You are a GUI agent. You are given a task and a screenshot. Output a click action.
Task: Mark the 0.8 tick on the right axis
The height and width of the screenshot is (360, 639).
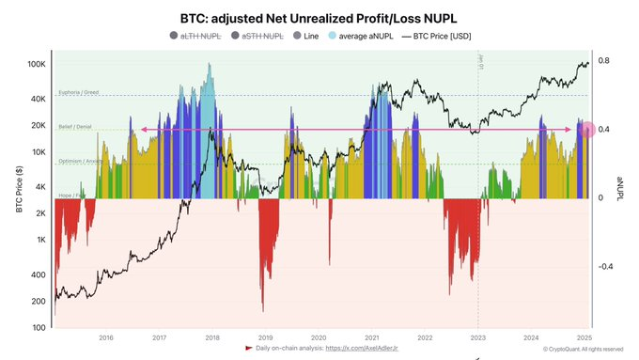[x=604, y=61]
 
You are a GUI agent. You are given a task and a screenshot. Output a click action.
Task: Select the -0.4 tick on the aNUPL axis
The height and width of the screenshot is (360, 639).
[x=606, y=266]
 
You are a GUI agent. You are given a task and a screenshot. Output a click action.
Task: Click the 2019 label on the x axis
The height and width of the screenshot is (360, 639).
[x=266, y=337]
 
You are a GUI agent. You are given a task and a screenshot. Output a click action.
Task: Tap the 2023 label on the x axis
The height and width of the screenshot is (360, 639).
[x=478, y=337]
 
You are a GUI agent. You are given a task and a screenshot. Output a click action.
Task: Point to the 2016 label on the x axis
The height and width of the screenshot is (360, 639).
[x=106, y=337]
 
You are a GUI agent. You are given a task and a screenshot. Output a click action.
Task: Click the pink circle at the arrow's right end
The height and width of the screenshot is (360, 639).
[x=587, y=130]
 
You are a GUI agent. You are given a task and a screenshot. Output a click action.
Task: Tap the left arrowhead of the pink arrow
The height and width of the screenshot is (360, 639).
[x=144, y=130]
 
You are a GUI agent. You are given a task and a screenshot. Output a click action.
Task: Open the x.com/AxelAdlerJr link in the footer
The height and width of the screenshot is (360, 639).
[x=364, y=348]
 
